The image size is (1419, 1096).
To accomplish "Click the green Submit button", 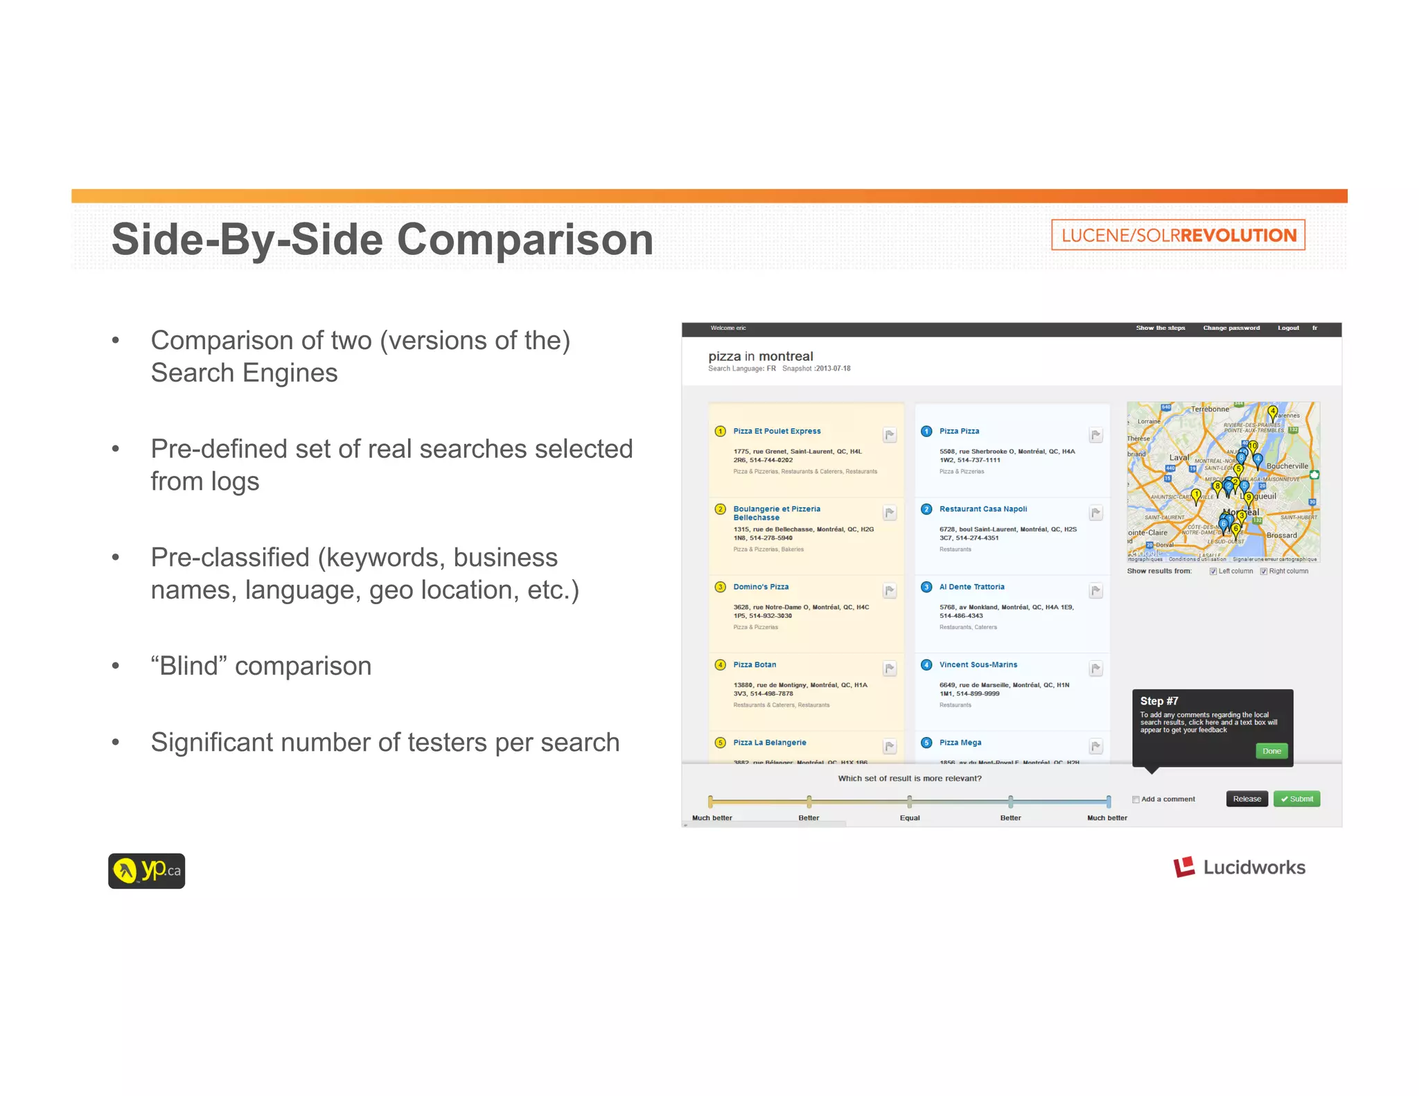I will coord(1296,799).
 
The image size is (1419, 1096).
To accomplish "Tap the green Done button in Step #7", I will coord(1271,751).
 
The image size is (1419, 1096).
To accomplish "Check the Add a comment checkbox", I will coord(1136,799).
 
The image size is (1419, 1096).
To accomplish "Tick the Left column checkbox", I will coord(1213,572).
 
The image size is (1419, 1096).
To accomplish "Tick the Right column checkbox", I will coord(1264,572).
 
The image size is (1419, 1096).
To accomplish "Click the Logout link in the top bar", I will coord(1288,328).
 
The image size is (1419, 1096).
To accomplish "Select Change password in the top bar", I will coord(1231,328).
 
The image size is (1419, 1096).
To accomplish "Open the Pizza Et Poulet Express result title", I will coord(777,431).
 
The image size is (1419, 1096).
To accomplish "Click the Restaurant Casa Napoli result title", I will coord(982,509).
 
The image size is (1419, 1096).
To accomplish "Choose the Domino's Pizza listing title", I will coord(761,587).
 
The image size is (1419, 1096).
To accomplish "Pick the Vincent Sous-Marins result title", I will coord(978,665).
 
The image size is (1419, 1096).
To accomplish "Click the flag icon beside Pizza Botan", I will coord(890,669).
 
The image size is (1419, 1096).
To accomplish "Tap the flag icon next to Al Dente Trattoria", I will coord(1095,591).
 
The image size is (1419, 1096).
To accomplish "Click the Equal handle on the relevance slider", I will coord(910,802).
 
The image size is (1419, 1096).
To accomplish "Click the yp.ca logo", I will coord(146,871).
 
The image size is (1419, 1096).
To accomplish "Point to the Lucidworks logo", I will coord(1239,867).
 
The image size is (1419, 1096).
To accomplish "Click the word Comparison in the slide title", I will coord(525,240).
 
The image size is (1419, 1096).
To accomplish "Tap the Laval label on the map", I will coord(1179,458).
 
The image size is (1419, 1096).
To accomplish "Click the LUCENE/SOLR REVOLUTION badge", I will coord(1178,235).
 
